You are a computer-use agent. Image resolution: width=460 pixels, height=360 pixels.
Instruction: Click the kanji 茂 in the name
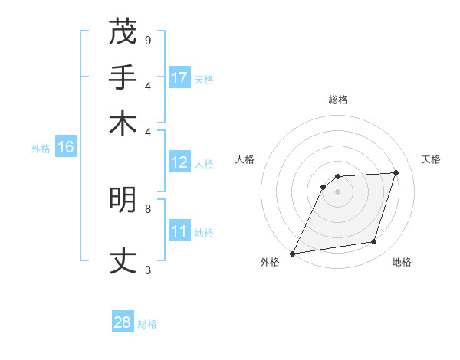(123, 32)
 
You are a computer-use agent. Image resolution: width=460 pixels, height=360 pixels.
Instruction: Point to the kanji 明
(123, 200)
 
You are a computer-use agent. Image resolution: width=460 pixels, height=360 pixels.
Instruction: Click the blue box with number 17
(179, 78)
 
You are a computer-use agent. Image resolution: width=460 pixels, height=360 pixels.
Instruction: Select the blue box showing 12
(179, 162)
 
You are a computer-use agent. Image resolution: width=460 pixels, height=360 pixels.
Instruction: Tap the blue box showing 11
(179, 231)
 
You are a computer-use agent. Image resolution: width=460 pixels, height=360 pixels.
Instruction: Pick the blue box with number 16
(66, 148)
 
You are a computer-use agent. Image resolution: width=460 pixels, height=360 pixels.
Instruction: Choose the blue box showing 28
(123, 322)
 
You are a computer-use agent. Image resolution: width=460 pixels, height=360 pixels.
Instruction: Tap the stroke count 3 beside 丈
(147, 270)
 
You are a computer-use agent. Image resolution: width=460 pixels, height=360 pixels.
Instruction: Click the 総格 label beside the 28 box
(147, 324)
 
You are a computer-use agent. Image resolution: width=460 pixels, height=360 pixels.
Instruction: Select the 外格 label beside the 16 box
(41, 149)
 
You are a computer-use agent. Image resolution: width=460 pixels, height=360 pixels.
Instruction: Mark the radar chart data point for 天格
(396, 172)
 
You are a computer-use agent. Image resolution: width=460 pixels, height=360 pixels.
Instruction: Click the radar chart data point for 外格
(292, 254)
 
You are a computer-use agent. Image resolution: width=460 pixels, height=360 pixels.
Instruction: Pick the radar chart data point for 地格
(374, 242)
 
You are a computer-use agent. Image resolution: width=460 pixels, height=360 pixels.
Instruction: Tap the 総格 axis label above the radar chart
(337, 100)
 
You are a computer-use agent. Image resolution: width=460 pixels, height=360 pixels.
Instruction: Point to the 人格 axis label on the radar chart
(245, 159)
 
